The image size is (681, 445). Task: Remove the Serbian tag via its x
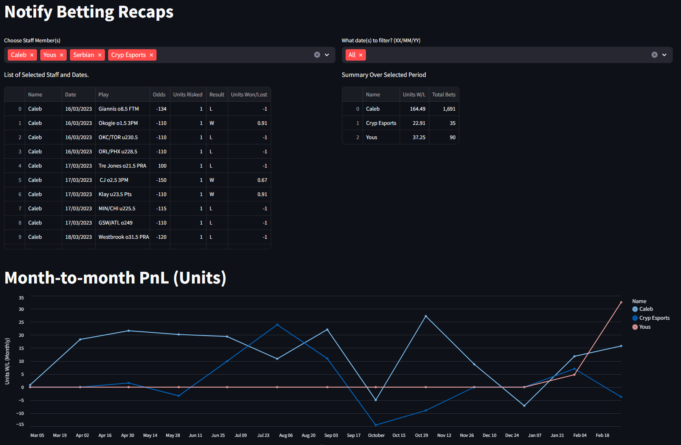click(x=100, y=55)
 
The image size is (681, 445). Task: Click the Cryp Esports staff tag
click(x=128, y=55)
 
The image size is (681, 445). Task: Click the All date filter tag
click(x=352, y=55)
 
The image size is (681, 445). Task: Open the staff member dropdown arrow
click(x=327, y=55)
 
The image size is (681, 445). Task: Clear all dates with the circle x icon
click(x=655, y=55)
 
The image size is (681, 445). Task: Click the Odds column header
click(x=159, y=94)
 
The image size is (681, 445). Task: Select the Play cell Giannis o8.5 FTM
click(x=119, y=109)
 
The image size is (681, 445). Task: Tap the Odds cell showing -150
click(x=161, y=180)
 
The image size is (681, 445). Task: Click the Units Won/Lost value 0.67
click(x=262, y=180)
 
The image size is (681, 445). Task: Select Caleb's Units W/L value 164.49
click(x=418, y=109)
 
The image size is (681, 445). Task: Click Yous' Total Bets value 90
click(x=453, y=137)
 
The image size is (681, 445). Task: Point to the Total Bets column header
click(x=444, y=94)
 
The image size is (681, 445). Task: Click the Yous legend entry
click(x=644, y=327)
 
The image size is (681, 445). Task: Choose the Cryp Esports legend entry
click(x=654, y=318)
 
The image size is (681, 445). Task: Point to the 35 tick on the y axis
click(x=21, y=298)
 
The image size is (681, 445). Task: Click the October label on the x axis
click(x=376, y=435)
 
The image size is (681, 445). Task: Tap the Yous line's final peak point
click(x=621, y=302)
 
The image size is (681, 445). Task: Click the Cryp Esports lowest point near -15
click(x=376, y=425)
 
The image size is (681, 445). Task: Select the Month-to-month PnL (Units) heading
click(x=115, y=278)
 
